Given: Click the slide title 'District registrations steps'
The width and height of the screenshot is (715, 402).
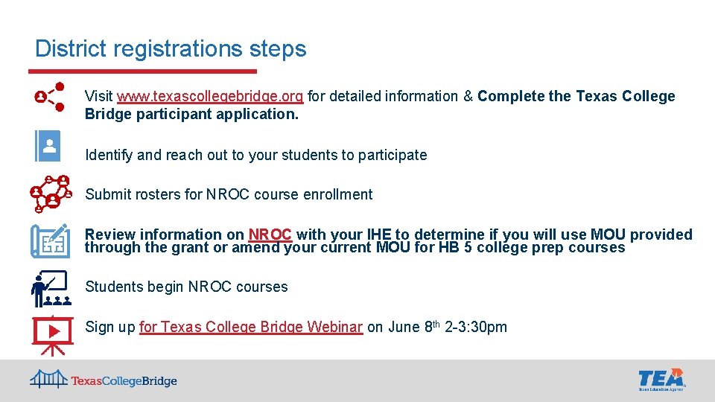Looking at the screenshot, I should pos(171,49).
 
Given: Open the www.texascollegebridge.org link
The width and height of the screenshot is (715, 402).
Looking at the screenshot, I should pos(209,96).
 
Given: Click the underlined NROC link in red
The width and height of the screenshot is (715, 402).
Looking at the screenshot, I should pos(270,234).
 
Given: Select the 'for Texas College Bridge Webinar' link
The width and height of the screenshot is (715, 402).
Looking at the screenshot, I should pos(251,327).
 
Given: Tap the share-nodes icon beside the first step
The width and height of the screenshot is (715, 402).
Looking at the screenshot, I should pos(50,96).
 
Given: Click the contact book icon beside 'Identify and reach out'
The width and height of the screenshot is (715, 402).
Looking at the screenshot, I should pos(48,146).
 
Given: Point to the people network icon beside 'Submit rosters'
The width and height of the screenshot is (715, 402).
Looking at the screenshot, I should pos(50,194).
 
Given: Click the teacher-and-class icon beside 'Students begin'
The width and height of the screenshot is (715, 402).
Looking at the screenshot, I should pos(50,289).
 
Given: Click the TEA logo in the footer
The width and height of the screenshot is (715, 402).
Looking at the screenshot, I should pos(661,379).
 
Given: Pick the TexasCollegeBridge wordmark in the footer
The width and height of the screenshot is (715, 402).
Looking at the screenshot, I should pos(124,381).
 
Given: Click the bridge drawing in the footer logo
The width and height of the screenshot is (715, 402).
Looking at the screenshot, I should pos(48,379).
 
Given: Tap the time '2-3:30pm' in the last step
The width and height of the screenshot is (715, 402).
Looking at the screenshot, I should pos(476,327).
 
